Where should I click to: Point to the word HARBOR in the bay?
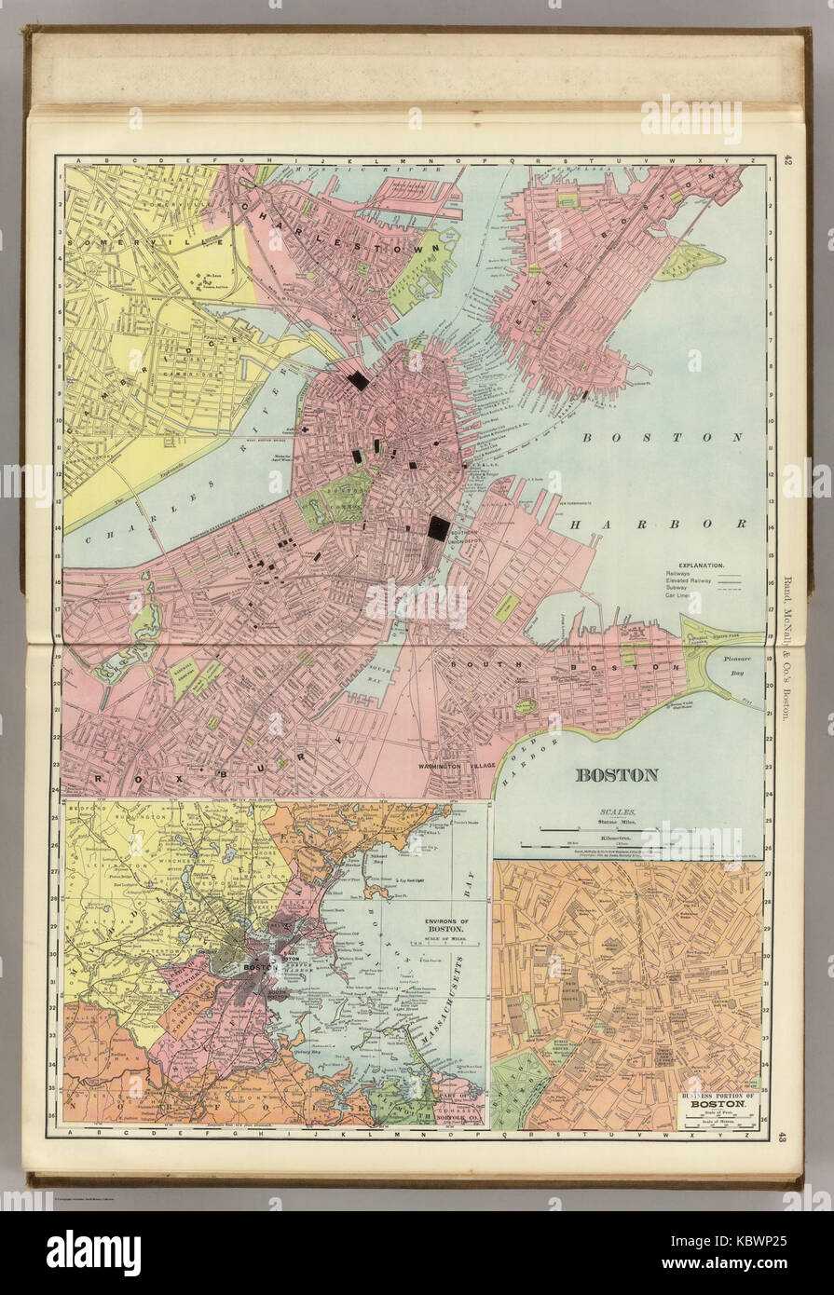(x=658, y=524)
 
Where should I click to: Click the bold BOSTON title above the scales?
(x=616, y=774)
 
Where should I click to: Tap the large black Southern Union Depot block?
(x=438, y=528)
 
